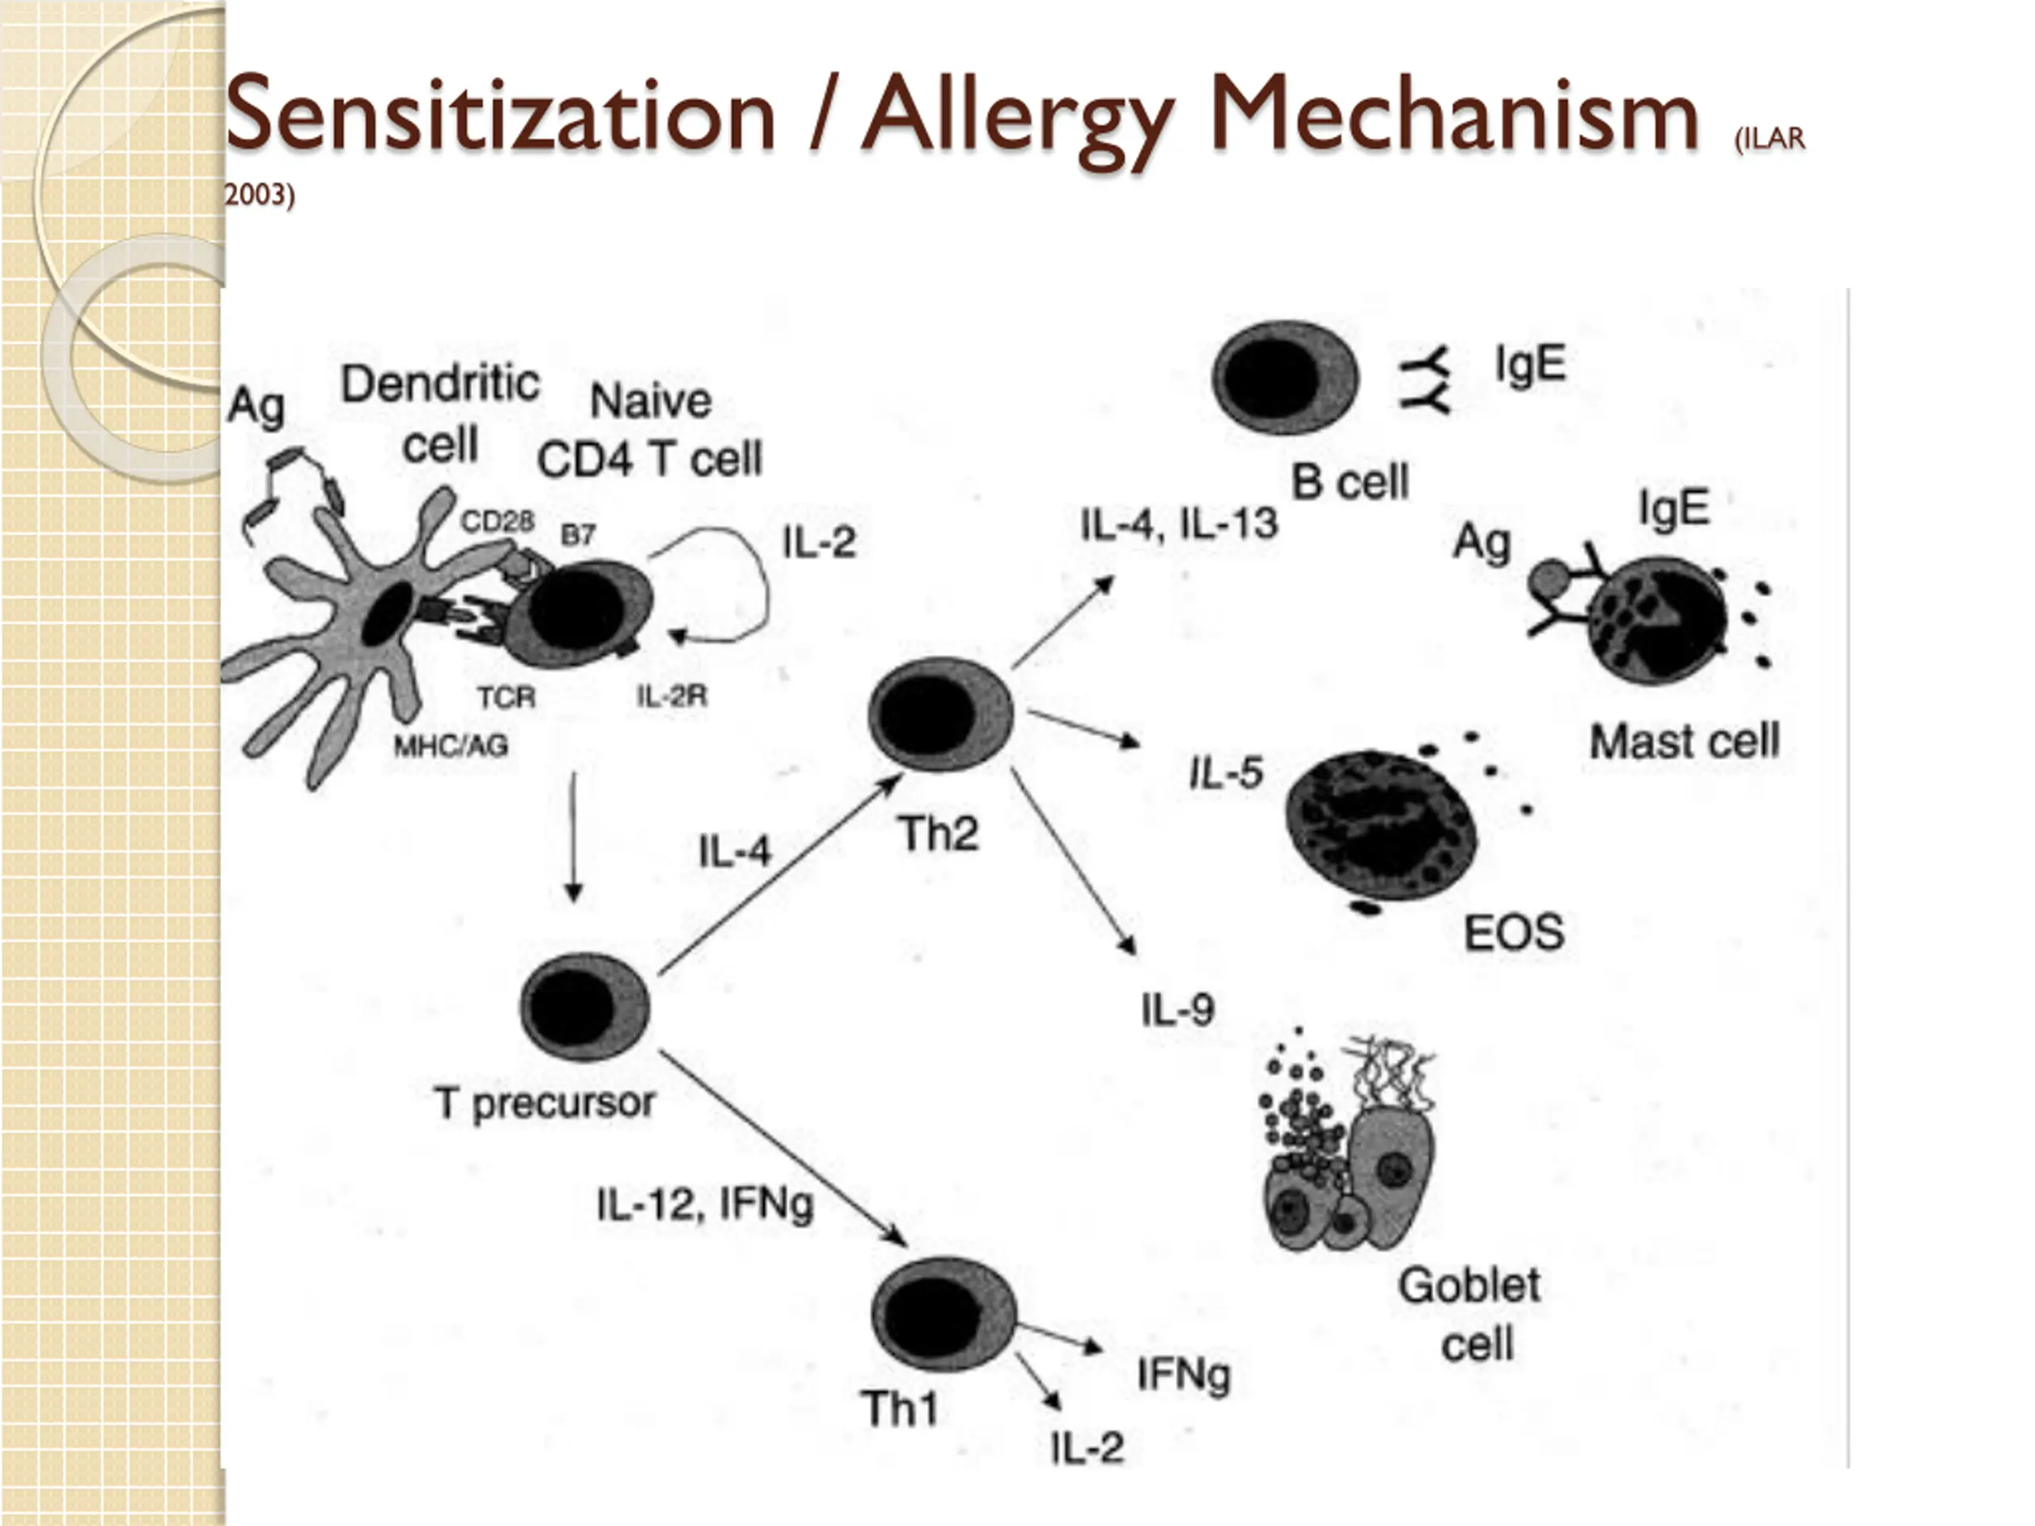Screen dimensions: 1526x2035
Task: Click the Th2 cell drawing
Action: coord(940,714)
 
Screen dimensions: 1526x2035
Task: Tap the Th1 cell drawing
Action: coord(943,1315)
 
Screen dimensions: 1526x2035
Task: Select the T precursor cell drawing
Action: coord(584,1005)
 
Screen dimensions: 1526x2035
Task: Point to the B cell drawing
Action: coord(1285,378)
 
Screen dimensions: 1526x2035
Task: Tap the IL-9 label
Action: coord(1177,1010)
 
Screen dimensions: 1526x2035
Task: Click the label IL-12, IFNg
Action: coord(705,1204)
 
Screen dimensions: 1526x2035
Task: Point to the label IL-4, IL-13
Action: coord(1179,525)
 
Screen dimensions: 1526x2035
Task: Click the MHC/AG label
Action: coord(451,745)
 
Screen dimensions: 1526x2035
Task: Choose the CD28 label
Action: coord(497,521)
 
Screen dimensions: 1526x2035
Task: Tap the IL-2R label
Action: coord(672,696)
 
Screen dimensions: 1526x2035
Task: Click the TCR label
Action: coord(506,697)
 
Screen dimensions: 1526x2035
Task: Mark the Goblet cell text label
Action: coord(1470,1314)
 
